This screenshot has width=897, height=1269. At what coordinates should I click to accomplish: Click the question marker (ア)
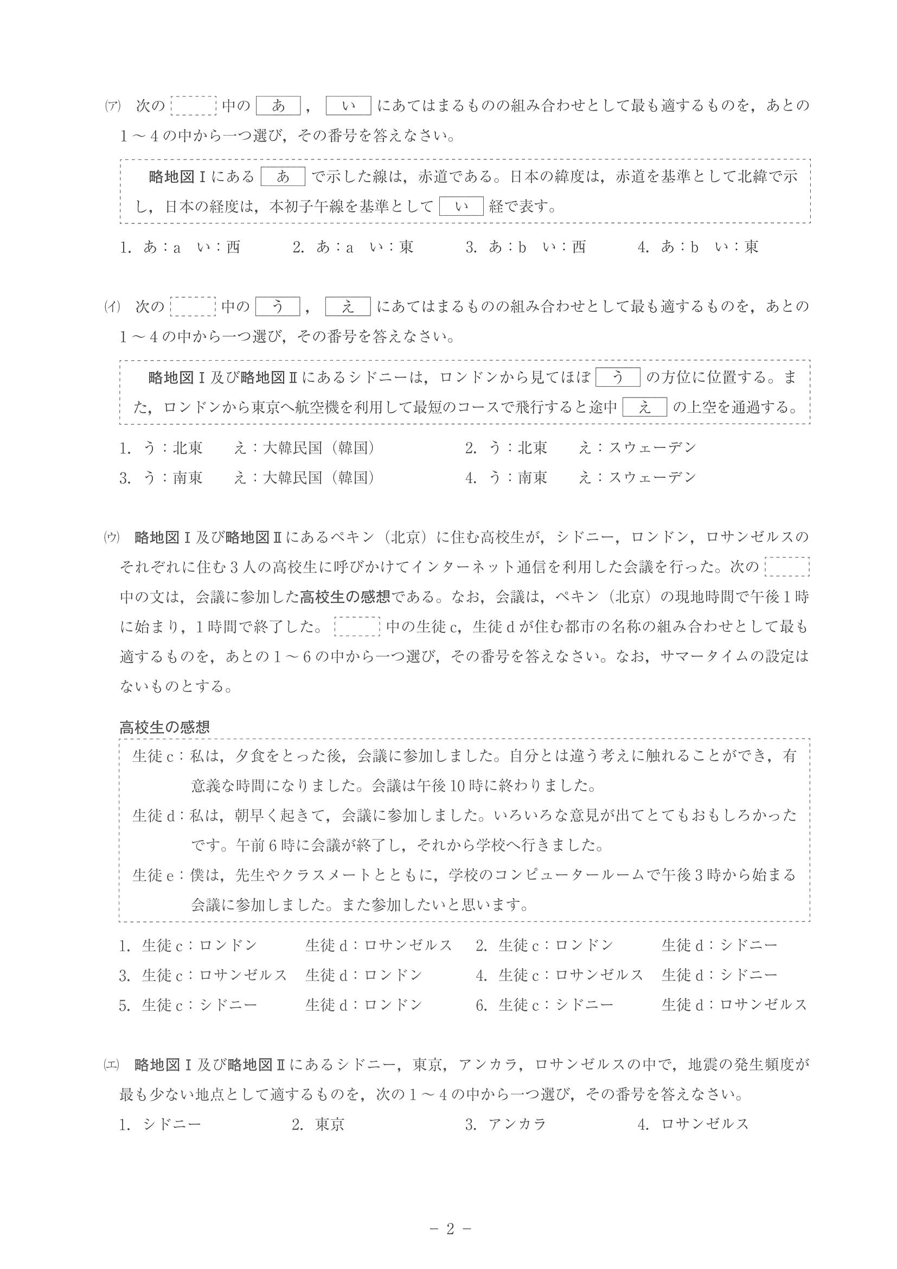coord(112,106)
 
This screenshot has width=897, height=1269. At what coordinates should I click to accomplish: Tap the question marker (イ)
coord(112,307)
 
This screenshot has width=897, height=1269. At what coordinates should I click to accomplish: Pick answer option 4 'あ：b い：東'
coord(699,247)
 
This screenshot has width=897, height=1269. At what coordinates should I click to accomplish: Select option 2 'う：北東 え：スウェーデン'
coord(580,448)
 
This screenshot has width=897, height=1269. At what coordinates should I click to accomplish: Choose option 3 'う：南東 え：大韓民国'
coord(247,478)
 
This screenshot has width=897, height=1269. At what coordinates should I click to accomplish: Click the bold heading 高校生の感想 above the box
coord(165,727)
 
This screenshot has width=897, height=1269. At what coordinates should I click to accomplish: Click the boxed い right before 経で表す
coord(462,207)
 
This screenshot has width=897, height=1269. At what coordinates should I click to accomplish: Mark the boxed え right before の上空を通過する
coord(644,407)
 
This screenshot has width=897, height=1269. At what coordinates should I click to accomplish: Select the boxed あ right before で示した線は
coord(283,177)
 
